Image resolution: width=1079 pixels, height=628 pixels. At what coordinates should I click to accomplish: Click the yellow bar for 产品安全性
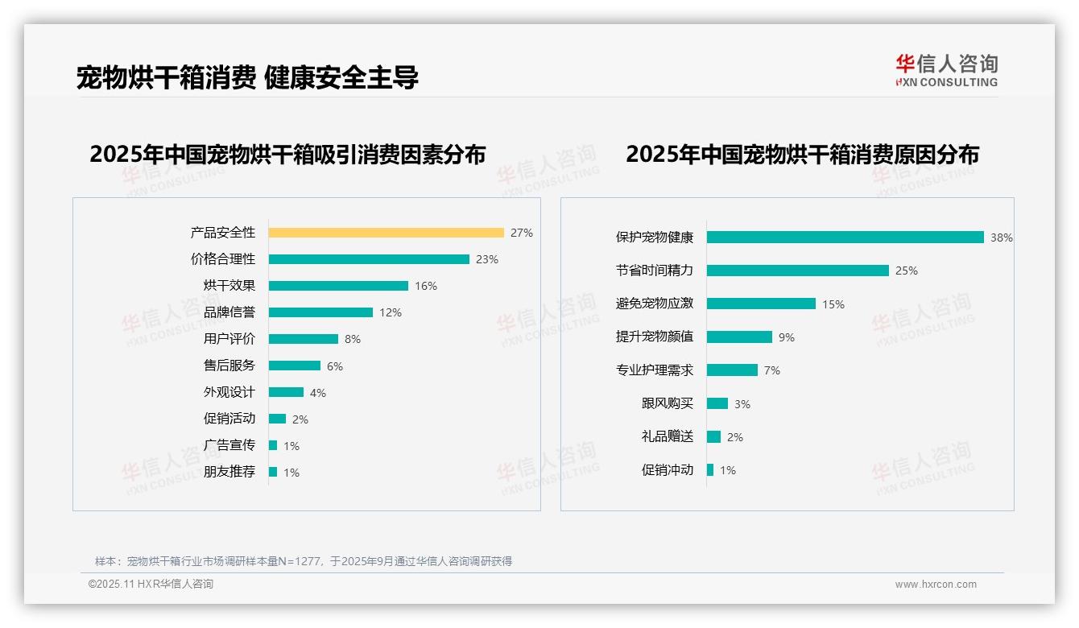[x=386, y=233]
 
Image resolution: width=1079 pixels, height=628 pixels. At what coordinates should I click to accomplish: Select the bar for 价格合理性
[x=369, y=259]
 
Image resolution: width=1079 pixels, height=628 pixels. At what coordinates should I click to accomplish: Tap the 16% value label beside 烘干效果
[x=426, y=286]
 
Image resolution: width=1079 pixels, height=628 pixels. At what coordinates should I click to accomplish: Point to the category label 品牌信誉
[x=229, y=312]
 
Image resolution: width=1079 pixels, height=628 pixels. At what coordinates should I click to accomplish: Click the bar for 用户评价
[x=304, y=339]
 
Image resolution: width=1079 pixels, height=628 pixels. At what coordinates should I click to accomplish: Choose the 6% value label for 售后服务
[x=335, y=366]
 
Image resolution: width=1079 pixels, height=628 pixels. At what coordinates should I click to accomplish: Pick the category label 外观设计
[x=229, y=392]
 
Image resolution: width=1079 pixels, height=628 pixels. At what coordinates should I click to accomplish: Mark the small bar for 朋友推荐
[x=273, y=472]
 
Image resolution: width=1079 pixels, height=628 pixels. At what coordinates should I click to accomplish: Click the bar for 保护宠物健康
[x=845, y=238]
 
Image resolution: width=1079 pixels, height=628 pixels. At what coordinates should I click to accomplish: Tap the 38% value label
[x=1002, y=238]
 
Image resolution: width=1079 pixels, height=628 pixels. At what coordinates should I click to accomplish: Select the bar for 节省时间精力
[x=798, y=271]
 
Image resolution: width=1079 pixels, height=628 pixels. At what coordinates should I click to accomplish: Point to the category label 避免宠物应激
[x=655, y=304]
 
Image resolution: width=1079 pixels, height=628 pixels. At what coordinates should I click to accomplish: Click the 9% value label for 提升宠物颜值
[x=787, y=337]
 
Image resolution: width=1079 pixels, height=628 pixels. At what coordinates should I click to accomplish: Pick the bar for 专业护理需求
[x=732, y=370]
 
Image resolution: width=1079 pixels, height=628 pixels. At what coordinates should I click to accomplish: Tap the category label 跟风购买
[x=668, y=403]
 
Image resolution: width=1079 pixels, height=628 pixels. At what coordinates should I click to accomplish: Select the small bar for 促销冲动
[x=710, y=470]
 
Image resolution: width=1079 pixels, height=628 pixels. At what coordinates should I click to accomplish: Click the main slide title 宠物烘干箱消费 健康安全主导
[x=247, y=78]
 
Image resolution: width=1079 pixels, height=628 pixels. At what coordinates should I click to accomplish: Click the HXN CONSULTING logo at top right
[x=947, y=71]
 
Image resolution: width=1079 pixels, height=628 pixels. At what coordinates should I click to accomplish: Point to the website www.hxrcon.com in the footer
[x=936, y=585]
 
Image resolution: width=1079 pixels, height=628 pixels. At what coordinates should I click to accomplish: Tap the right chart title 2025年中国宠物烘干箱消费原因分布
[x=802, y=155]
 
